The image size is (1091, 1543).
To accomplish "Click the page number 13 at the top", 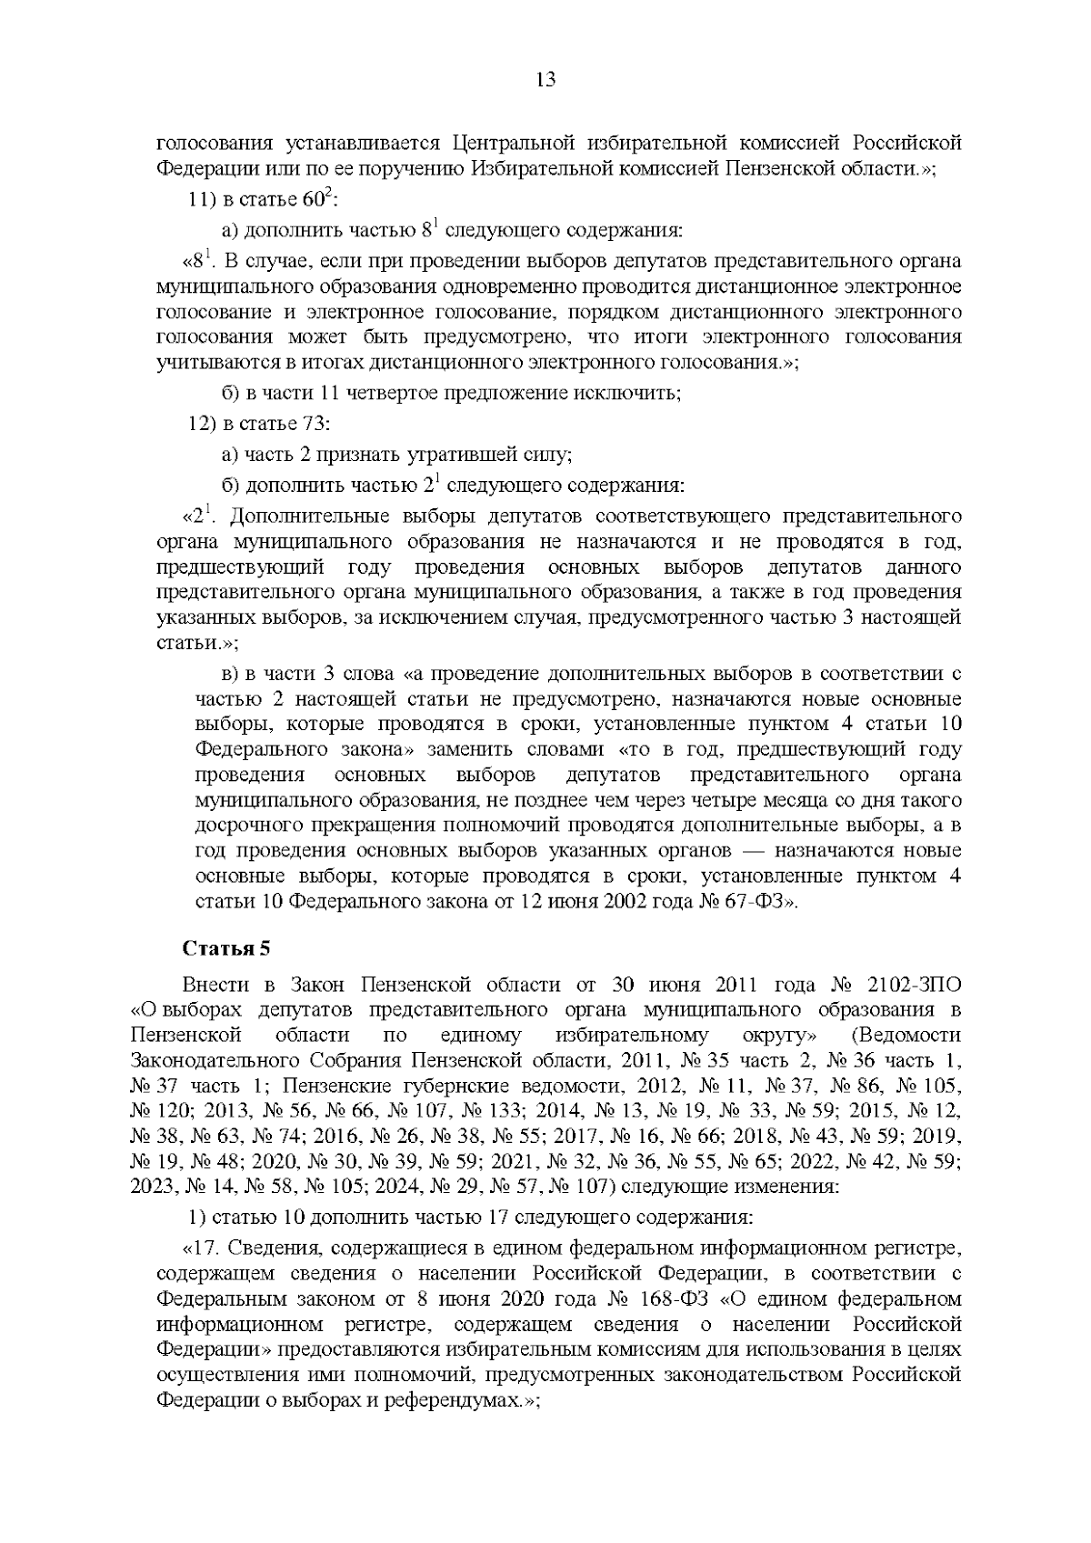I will click(x=545, y=79).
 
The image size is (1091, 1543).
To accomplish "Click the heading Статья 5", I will click(x=226, y=948).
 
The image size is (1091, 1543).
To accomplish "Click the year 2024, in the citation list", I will click(x=399, y=1186).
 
